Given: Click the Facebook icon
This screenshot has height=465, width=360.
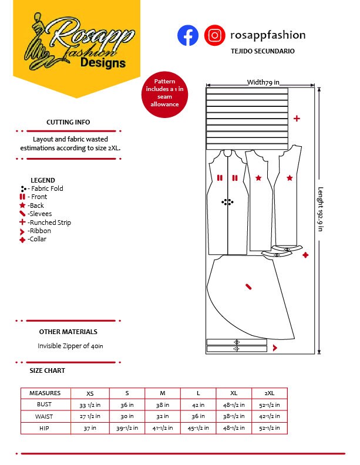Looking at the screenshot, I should pyautogui.click(x=188, y=36).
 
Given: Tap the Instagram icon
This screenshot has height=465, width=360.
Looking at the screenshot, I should pyautogui.click(x=215, y=36).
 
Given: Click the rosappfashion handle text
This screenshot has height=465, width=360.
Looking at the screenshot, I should pyautogui.click(x=268, y=35).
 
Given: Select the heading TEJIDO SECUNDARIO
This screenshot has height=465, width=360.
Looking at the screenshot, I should pyautogui.click(x=263, y=51).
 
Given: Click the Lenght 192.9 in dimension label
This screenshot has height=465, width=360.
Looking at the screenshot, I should pyautogui.click(x=321, y=209).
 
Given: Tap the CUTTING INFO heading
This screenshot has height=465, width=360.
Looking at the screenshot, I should pyautogui.click(x=68, y=122).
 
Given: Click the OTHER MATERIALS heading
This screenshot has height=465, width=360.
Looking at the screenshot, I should pyautogui.click(x=68, y=332).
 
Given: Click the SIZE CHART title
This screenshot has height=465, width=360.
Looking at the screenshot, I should pyautogui.click(x=48, y=371).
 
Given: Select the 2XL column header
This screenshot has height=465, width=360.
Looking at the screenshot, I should pyautogui.click(x=270, y=393).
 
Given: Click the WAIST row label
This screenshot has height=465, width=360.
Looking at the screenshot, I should pyautogui.click(x=45, y=416).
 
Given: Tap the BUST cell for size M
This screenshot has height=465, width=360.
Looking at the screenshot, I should pyautogui.click(x=163, y=405).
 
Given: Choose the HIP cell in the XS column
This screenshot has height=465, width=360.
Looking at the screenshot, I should pyautogui.click(x=89, y=428).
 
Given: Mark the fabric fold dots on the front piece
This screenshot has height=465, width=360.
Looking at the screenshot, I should pyautogui.click(x=227, y=203).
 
